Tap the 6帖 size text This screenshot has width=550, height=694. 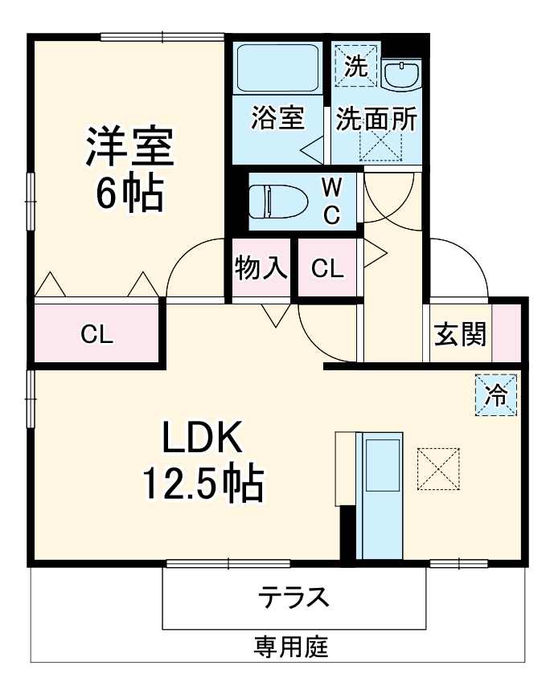[x=129, y=193]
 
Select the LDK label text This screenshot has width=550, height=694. [x=202, y=439]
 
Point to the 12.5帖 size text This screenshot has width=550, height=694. [x=202, y=481]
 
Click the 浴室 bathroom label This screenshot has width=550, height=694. [x=277, y=119]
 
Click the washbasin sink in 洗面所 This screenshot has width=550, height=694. [x=400, y=76]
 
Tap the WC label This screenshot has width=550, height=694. [x=331, y=201]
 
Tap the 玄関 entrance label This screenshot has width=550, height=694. [x=461, y=333]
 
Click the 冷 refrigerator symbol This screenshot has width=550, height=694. [x=497, y=395]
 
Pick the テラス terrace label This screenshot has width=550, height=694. [x=293, y=598]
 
